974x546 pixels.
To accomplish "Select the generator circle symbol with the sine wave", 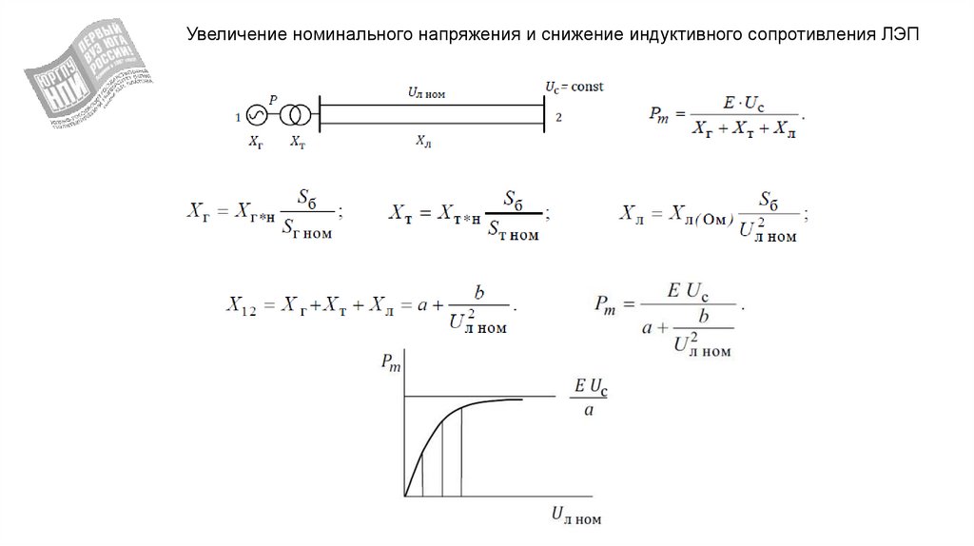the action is click(x=256, y=116).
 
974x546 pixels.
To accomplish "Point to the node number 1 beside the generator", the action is click(x=236, y=118).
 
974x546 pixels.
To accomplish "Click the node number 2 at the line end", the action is click(x=559, y=117).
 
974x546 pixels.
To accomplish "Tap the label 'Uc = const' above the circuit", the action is click(x=574, y=87).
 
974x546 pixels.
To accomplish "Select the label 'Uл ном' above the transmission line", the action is click(x=426, y=93).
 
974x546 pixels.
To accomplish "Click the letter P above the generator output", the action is click(x=274, y=99).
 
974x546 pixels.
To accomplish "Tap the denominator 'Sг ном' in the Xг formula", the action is click(x=306, y=230).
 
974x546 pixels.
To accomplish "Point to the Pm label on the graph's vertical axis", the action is click(x=390, y=361).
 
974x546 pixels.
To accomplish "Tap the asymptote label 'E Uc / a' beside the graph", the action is click(x=591, y=398).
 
